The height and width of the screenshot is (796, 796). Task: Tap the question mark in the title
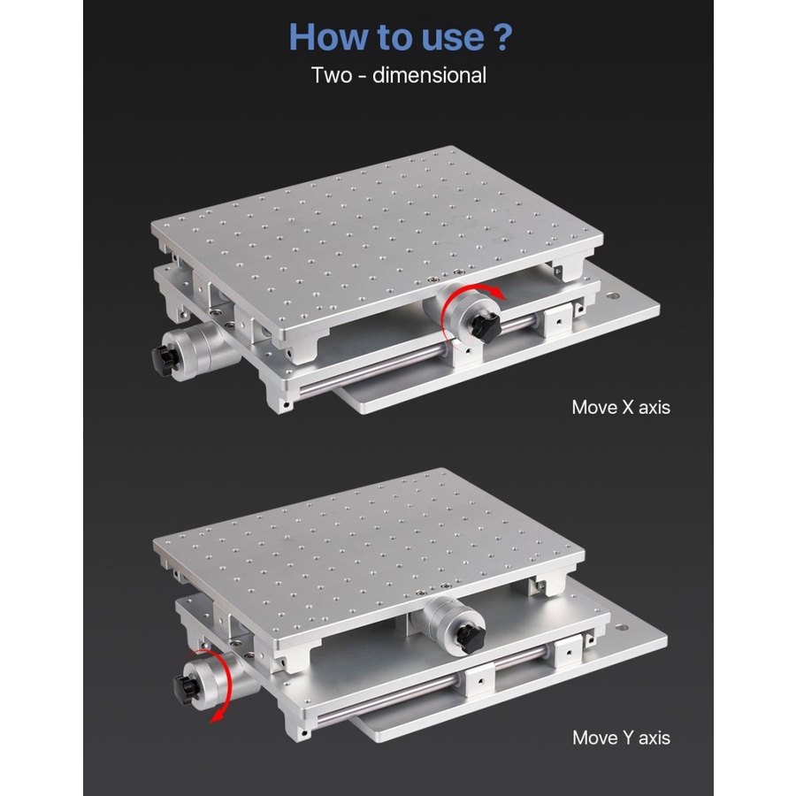point(502,36)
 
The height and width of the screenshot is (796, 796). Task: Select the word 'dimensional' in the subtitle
point(429,75)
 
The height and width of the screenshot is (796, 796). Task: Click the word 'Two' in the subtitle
point(332,75)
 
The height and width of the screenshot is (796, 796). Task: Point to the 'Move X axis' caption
point(620,407)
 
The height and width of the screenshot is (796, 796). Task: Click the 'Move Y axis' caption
point(621,738)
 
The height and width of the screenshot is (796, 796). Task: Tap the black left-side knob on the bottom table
point(185,689)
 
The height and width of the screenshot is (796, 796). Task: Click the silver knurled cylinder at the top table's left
point(198,350)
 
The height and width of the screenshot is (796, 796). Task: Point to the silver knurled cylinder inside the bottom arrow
point(209,683)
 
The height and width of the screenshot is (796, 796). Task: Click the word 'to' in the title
point(394,37)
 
